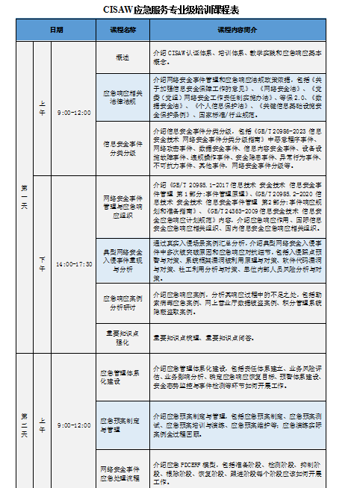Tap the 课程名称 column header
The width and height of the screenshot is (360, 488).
[x=122, y=31]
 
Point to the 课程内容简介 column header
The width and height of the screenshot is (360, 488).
[x=238, y=31]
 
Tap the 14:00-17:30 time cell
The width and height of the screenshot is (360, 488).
[x=74, y=263]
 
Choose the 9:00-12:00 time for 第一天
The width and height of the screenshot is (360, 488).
[x=74, y=113]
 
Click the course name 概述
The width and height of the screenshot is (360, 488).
[x=122, y=57]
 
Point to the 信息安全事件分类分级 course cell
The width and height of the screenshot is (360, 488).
[x=122, y=148]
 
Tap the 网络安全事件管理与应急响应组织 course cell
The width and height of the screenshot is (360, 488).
[x=122, y=204]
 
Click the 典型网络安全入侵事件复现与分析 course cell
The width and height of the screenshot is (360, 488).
[x=122, y=259]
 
